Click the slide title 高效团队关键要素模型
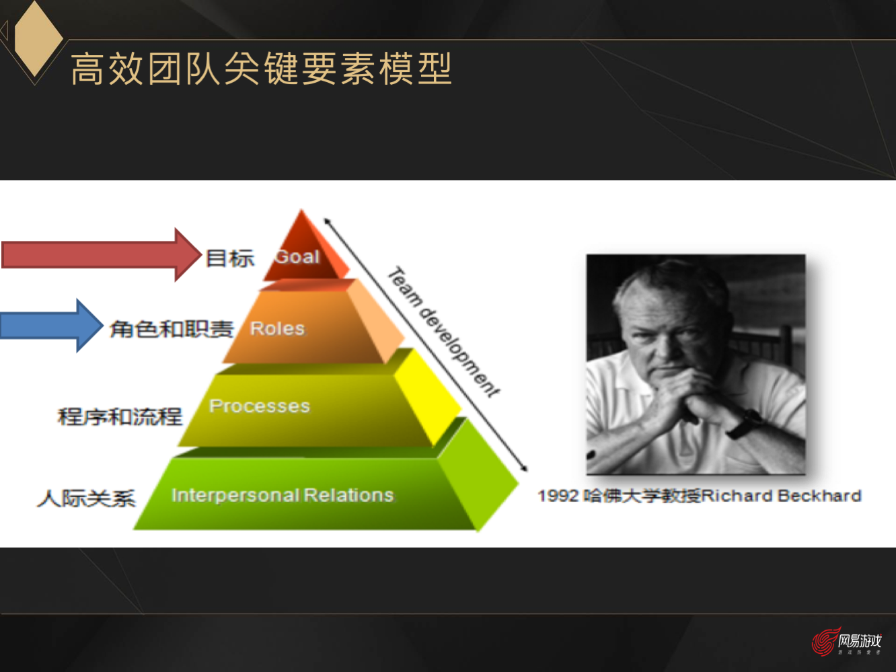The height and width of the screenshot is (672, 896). (261, 69)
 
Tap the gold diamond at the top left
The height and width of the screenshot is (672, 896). (38, 37)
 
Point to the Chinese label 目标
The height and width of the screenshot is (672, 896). (229, 258)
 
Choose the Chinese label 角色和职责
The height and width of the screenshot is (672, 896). (172, 329)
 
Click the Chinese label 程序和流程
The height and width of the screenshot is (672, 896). (120, 417)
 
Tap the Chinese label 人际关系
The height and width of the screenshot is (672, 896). (86, 498)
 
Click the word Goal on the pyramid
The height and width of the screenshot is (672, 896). (297, 257)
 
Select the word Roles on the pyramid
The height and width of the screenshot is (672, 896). (277, 329)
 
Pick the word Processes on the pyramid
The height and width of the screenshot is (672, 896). (260, 406)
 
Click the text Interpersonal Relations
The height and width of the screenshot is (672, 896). (282, 495)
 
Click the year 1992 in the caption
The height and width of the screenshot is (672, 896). (558, 496)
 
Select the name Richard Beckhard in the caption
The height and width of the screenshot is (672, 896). (781, 496)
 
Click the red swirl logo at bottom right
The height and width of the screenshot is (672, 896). (824, 642)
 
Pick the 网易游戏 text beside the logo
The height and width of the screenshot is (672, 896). (859, 640)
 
